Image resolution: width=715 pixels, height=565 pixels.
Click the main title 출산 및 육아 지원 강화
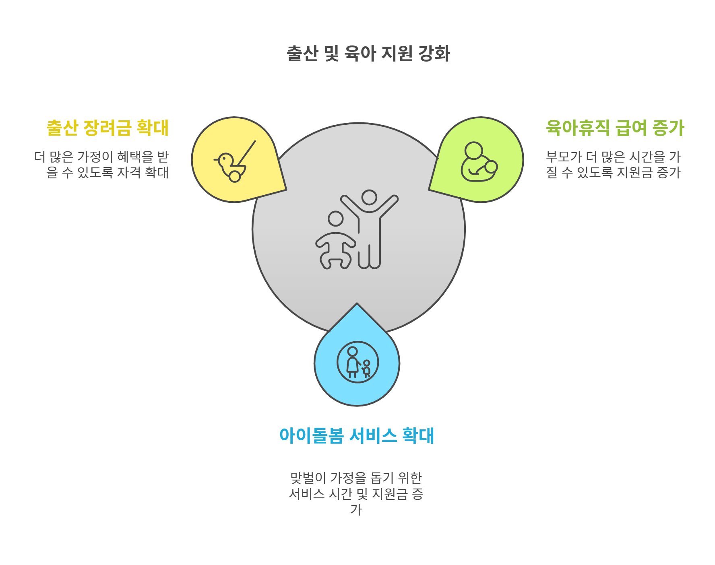pos(368,54)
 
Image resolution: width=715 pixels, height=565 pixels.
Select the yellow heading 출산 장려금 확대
pos(107,128)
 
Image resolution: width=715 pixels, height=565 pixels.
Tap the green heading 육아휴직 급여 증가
pos(615,128)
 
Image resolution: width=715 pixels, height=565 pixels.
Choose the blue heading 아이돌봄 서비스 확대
pos(357,436)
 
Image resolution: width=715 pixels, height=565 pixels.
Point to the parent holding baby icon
pos(479,162)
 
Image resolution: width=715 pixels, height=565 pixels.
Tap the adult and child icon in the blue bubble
pos(357,362)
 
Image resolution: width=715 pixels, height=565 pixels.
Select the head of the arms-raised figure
pos(369,197)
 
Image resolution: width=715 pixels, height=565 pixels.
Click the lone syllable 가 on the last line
pos(356,509)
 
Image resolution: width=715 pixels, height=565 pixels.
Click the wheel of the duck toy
pos(235,176)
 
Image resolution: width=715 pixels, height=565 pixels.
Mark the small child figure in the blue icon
pos(366,368)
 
